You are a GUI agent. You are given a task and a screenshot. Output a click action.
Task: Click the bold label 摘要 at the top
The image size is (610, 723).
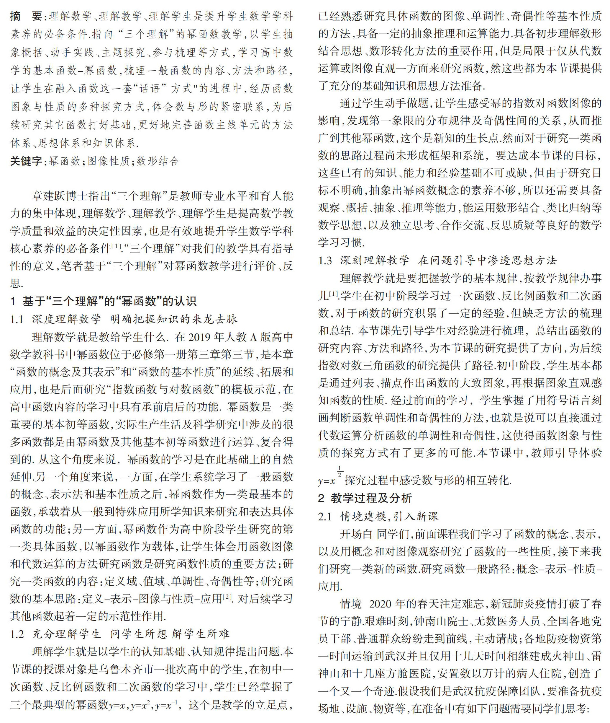pyautogui.click(x=26, y=16)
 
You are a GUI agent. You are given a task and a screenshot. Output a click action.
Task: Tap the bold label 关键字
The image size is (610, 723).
pyautogui.click(x=26, y=161)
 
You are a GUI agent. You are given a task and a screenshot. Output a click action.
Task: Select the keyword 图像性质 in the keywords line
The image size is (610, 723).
pyautogui.click(x=109, y=161)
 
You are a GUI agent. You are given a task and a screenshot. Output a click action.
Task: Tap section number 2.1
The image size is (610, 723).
pyautogui.click(x=325, y=516)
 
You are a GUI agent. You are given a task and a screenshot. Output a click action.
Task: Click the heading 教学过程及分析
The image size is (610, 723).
pyautogui.click(x=371, y=498)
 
